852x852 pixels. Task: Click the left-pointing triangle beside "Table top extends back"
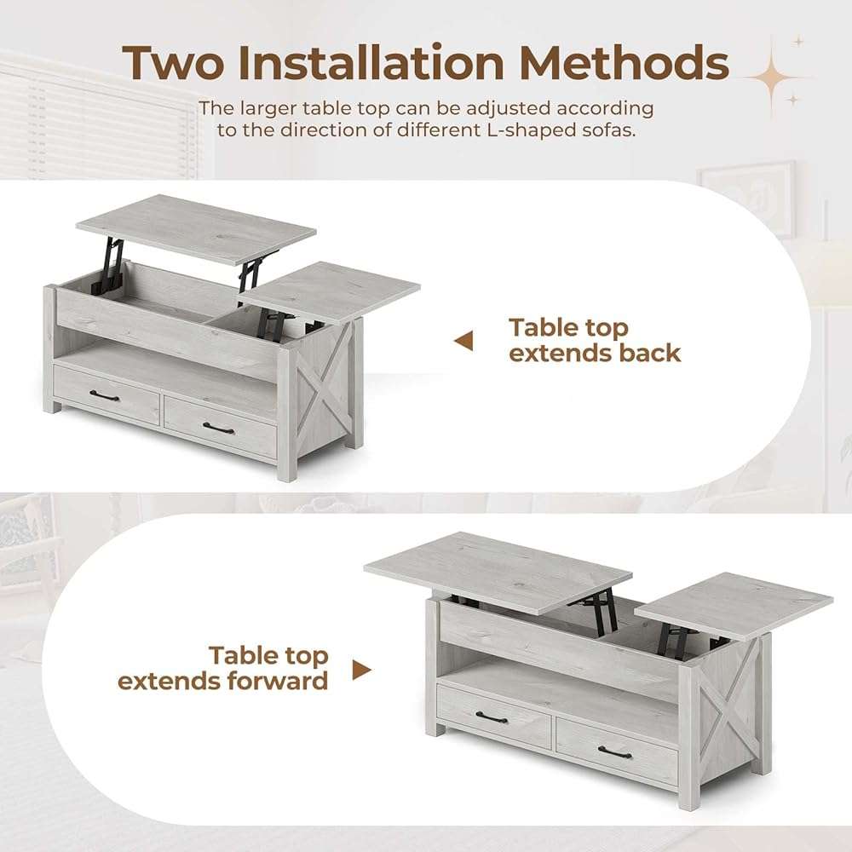463,342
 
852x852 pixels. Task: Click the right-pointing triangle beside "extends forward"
362,670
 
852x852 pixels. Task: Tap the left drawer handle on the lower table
492,717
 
